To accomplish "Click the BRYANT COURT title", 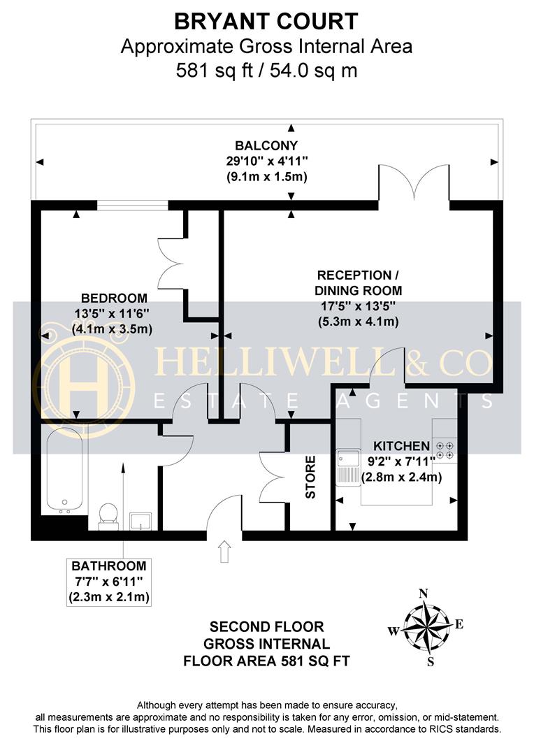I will (266, 22).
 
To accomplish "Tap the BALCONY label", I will (266, 146).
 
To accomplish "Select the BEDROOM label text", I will (114, 297).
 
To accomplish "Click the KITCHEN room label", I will (400, 446).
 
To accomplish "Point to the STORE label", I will (310, 477).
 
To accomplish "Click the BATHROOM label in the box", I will (110, 566).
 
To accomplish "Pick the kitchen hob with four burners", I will (442, 448).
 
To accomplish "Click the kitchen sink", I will (347, 465).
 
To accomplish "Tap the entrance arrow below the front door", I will (224, 552).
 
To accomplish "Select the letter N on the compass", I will (423, 594).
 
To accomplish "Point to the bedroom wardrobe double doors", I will (170, 262).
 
